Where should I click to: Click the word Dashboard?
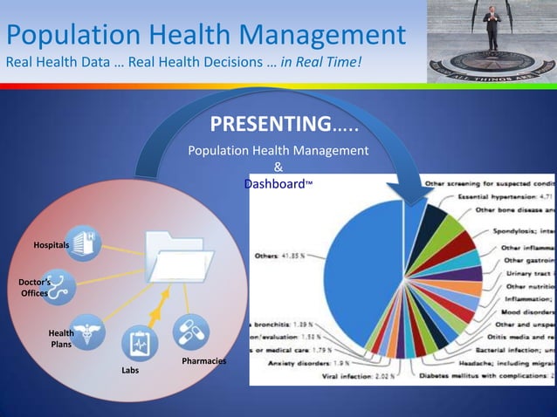coord(272,185)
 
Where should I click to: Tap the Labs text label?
coord(130,371)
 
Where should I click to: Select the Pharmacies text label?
coord(203,360)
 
